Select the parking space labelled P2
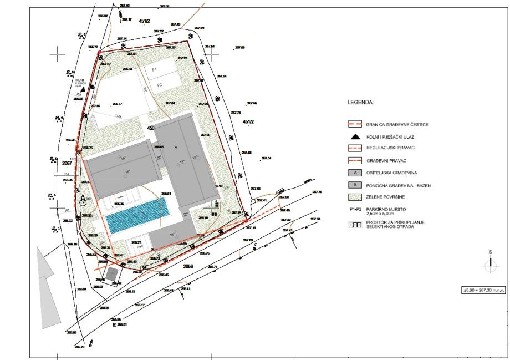[x=159, y=85]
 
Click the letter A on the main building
[x=176, y=148]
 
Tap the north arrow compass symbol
[x=490, y=265]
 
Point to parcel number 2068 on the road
[x=188, y=266]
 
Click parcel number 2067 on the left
[x=67, y=164]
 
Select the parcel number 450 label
[x=150, y=128]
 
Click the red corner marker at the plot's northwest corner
[x=99, y=53]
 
